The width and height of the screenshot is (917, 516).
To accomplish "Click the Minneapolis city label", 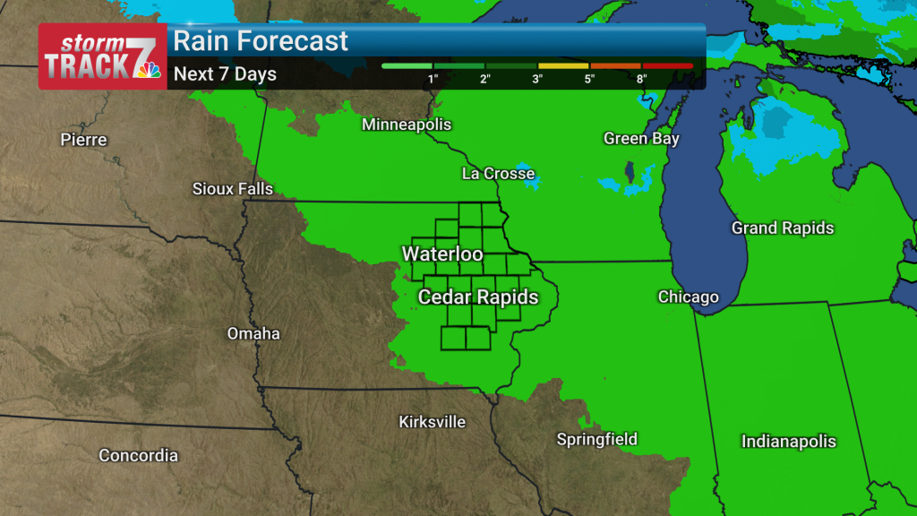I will tap(407, 125).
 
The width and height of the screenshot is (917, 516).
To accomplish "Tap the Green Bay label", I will tap(641, 139).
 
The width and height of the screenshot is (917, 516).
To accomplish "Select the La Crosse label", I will tap(498, 174).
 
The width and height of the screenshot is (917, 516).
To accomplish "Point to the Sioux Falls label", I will tap(233, 189).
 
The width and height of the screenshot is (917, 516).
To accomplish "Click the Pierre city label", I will tap(83, 140).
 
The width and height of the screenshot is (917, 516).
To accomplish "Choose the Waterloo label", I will tap(442, 254).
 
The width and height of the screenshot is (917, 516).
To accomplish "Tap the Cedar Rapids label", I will tap(478, 297).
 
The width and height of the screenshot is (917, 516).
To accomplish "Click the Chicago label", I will tap(688, 297).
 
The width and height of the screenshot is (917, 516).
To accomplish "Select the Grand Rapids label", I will tap(783, 228).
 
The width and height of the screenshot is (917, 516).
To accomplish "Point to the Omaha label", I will tap(253, 334).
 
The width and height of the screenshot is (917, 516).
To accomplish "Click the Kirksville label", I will tap(432, 421).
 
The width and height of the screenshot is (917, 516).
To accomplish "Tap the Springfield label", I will tap(597, 439).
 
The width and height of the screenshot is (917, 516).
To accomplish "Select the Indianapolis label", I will tap(788, 442).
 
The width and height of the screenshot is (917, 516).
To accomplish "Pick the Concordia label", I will tap(138, 456).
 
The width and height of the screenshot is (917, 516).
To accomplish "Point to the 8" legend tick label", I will tap(641, 79).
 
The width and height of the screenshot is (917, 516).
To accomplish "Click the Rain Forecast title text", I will tap(261, 41).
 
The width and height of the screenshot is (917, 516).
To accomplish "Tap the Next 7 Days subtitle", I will tap(225, 74).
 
